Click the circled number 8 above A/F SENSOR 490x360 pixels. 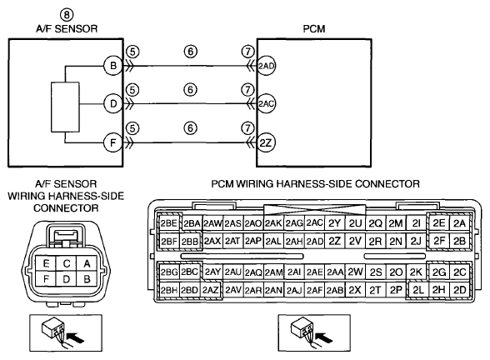point(67,15)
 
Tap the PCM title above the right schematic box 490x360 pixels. point(313,28)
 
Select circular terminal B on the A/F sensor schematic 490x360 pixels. point(112,66)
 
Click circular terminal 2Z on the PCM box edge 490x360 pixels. point(266,143)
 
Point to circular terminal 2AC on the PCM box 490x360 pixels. point(266,103)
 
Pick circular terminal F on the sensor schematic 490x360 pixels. point(112,142)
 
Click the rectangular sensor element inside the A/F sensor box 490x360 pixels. point(65,107)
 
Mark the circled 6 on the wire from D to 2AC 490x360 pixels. point(190,90)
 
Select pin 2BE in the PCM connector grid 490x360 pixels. point(168,223)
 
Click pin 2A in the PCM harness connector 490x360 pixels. point(459,223)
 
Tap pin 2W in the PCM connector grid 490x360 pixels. point(355,272)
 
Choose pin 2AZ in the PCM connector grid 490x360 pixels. point(210,290)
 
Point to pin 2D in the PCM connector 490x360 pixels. point(459,290)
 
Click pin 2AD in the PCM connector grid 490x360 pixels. point(314,242)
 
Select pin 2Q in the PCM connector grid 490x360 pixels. point(375,223)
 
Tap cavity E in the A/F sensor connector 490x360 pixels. point(46,263)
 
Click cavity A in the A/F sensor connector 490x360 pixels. point(87,263)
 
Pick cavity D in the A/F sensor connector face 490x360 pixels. point(66,278)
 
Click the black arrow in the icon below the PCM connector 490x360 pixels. point(323,337)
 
